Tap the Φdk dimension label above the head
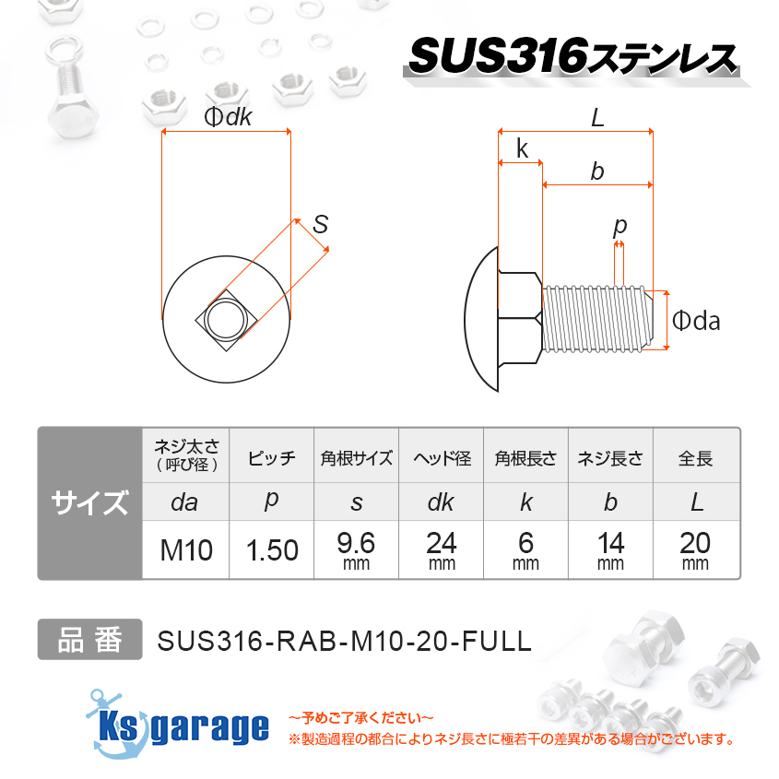227,117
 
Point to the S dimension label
320,223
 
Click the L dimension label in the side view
596,118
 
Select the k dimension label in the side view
522,149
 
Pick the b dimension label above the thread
597,171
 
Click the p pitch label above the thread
620,226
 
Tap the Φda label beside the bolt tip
696,321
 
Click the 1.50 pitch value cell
272,550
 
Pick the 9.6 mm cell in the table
356,550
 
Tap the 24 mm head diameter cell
442,550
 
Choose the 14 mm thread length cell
610,550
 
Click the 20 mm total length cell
696,550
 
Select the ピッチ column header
272,458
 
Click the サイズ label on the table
89,503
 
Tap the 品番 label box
89,640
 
